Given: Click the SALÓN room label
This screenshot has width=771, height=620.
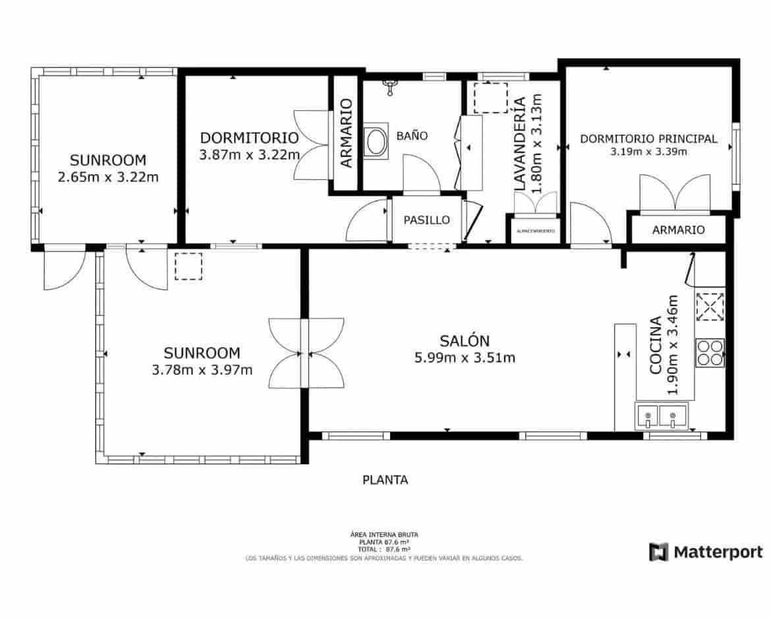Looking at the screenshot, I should click(x=465, y=341).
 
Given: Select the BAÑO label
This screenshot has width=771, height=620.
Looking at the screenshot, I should click(x=412, y=136).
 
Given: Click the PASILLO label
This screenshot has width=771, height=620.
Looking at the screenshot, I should click(x=426, y=220).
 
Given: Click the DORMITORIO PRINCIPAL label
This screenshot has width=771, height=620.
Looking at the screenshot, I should click(x=648, y=139).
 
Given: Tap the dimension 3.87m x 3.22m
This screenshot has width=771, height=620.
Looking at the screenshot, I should click(x=249, y=155).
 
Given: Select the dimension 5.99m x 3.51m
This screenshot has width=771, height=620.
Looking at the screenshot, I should click(x=465, y=358).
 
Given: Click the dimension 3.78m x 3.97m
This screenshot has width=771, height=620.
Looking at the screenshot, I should click(x=202, y=370).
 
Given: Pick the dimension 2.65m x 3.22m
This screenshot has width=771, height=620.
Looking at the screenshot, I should click(x=108, y=177).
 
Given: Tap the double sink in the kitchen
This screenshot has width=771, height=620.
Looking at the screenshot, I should click(x=662, y=416).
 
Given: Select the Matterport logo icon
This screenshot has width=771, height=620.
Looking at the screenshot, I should click(x=658, y=552).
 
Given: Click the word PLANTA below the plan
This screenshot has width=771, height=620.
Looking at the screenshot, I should click(x=385, y=480).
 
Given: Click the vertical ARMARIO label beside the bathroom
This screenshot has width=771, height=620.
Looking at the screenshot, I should click(x=346, y=133).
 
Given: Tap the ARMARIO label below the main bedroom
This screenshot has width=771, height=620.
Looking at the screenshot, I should click(x=678, y=230).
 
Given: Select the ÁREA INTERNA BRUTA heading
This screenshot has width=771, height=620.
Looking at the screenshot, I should click(x=384, y=535).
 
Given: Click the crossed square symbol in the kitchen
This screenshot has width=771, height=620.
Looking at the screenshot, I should click(x=710, y=307).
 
